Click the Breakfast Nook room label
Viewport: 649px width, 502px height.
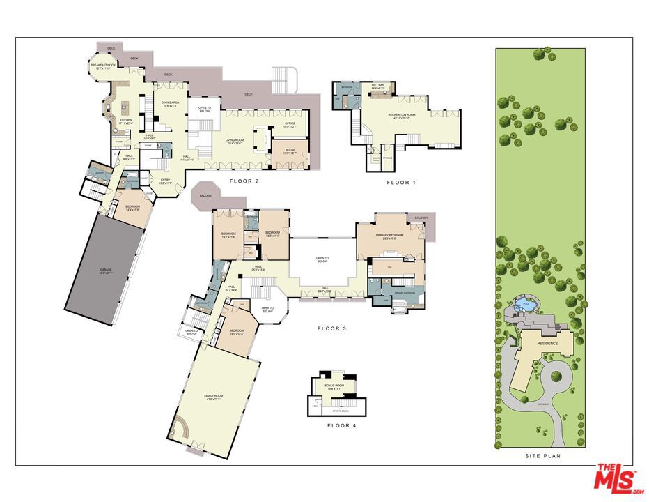103,66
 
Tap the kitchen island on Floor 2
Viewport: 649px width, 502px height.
126,107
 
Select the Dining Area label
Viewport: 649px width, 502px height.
171,104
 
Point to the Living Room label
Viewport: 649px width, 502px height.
234,142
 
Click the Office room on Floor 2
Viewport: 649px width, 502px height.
289,125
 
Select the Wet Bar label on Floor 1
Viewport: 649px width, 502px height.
379,86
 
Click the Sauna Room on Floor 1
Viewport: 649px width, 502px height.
376,158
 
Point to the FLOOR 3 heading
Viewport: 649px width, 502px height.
331,328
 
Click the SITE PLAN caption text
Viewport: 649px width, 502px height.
542,456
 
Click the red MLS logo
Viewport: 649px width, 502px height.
616,478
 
